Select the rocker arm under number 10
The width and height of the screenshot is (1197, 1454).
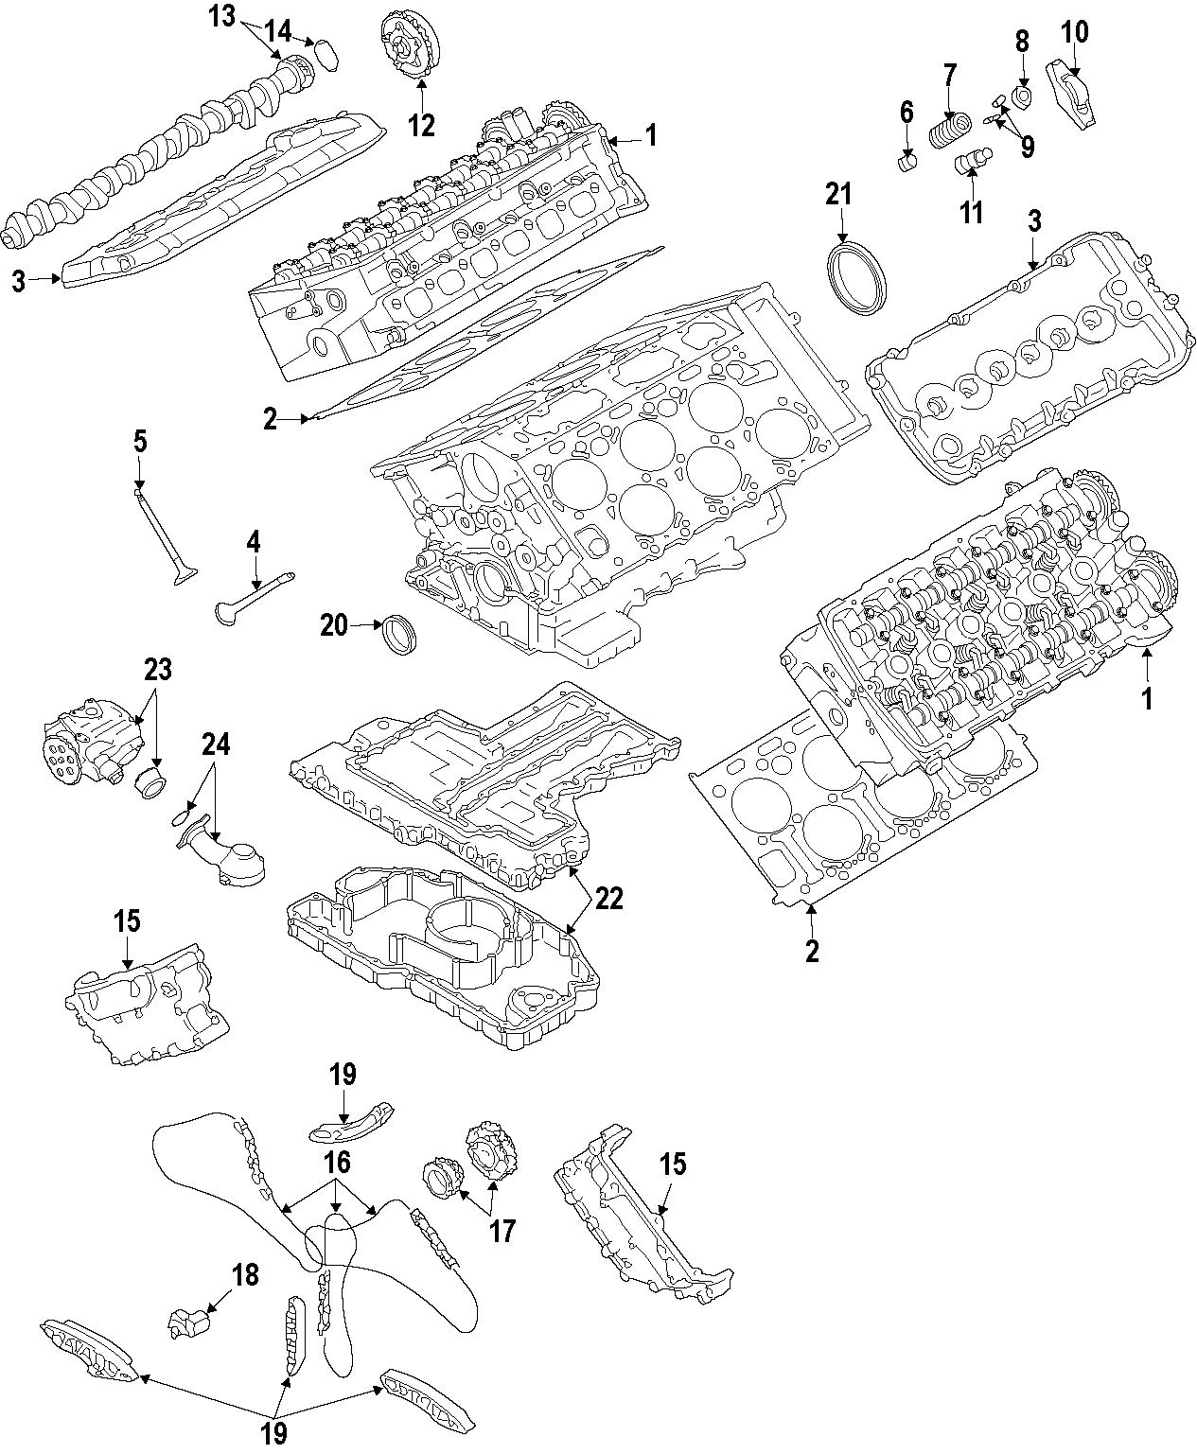click(1070, 83)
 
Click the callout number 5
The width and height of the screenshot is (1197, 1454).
click(140, 441)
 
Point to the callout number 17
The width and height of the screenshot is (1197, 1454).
click(502, 1231)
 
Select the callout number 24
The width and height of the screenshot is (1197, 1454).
click(216, 745)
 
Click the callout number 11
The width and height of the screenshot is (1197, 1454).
click(972, 212)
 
